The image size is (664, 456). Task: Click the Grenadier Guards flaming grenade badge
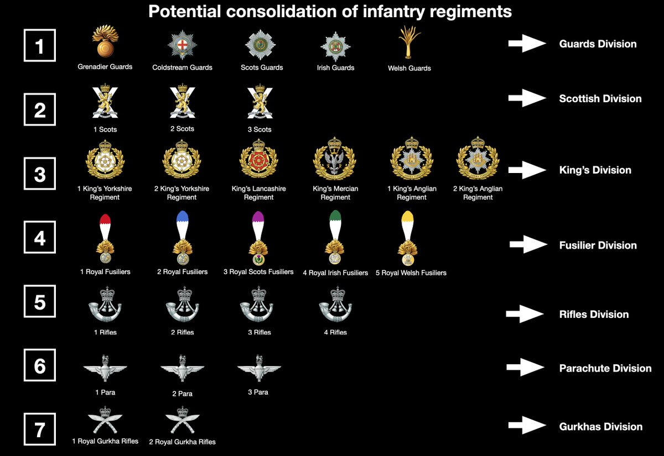point(104,44)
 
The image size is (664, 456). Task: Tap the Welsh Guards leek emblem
point(408,43)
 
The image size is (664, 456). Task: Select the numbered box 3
point(40,174)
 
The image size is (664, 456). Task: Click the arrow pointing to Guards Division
point(527,44)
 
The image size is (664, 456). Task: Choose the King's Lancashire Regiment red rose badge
point(258,159)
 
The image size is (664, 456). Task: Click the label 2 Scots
point(182,129)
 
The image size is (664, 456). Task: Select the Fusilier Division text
point(598,245)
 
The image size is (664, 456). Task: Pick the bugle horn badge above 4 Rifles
point(334,306)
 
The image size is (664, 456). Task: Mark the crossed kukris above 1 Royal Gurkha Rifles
point(105,420)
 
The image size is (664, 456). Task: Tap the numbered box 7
point(40,430)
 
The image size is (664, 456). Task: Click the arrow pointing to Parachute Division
point(525,368)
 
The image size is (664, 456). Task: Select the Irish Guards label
point(335,67)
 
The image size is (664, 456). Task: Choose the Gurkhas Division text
point(600,427)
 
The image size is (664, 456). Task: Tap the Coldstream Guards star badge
point(182,45)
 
